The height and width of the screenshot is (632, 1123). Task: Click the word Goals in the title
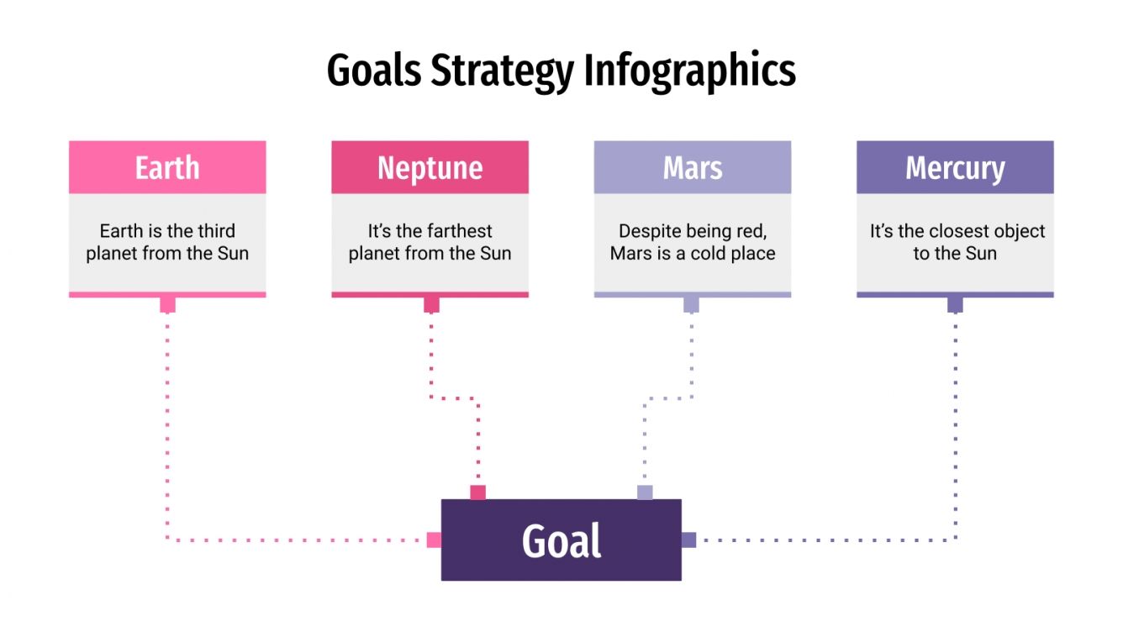pyautogui.click(x=374, y=71)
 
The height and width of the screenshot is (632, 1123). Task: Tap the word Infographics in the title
pyautogui.click(x=689, y=71)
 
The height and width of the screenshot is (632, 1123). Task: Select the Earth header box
pyautogui.click(x=167, y=167)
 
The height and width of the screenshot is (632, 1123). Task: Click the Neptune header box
pyautogui.click(x=430, y=167)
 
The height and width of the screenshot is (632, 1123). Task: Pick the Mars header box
pyautogui.click(x=693, y=167)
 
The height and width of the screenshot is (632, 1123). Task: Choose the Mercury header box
pyautogui.click(x=955, y=167)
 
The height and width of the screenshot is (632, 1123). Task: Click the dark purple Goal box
pyautogui.click(x=561, y=540)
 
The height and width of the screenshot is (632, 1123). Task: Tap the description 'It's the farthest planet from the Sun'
pyautogui.click(x=430, y=242)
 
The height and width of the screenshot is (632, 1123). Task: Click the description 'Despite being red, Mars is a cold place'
pyautogui.click(x=693, y=242)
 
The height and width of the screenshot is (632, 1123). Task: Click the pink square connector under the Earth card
pyautogui.click(x=167, y=304)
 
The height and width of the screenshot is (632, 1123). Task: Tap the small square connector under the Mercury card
pyautogui.click(x=955, y=304)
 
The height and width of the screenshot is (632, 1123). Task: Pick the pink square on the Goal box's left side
pyautogui.click(x=434, y=540)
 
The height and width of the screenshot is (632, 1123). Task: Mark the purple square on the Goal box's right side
pyautogui.click(x=688, y=540)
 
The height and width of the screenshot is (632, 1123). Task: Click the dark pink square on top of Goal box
pyautogui.click(x=477, y=492)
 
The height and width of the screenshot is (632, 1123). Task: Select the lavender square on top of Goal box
pyautogui.click(x=645, y=492)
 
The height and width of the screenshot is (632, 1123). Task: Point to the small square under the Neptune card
pyautogui.click(x=431, y=304)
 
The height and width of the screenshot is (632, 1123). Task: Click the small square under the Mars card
pyautogui.click(x=691, y=304)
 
